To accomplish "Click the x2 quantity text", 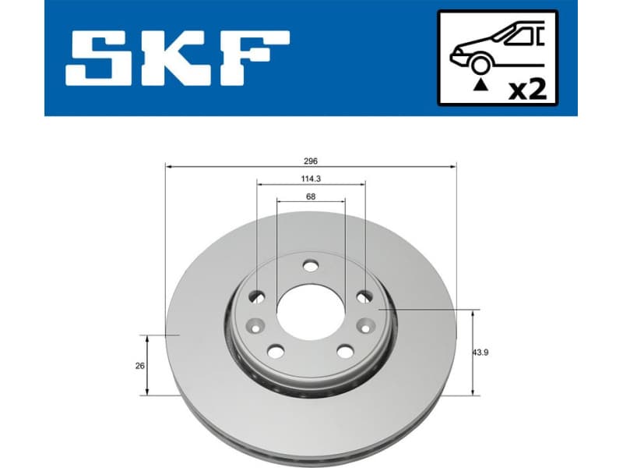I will (x=526, y=89).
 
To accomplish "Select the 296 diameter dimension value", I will (x=311, y=160).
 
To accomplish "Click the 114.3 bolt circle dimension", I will (x=311, y=179).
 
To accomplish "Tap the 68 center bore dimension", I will (x=311, y=197).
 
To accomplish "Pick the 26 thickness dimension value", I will (x=140, y=365).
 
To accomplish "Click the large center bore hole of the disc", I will (x=310, y=311).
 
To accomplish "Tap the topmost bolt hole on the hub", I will (x=311, y=266).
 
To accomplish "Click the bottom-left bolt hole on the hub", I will (x=276, y=351).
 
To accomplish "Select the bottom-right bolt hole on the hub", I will (x=345, y=351).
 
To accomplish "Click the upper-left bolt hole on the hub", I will (x=256, y=297).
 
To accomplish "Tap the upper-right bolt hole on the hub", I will (x=364, y=297).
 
